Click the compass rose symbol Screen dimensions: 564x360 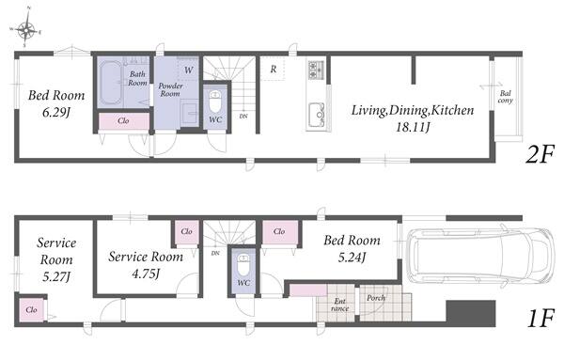click(26, 29)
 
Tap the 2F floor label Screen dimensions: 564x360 click(540, 155)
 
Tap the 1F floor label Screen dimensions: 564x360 click(540, 319)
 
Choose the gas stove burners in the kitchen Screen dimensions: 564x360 click(316, 70)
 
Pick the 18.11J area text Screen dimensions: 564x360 click(413, 127)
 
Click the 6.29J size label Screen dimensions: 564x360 click(56, 113)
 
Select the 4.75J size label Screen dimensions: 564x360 click(146, 274)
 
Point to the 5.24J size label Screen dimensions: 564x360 click(352, 258)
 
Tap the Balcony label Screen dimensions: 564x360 click(505, 97)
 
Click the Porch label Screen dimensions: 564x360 click(375, 298)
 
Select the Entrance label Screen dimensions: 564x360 click(340, 305)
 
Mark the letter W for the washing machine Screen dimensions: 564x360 click(189, 70)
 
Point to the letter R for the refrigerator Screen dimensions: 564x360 click(274, 69)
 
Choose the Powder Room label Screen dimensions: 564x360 click(170, 89)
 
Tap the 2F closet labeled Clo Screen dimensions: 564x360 click(123, 121)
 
